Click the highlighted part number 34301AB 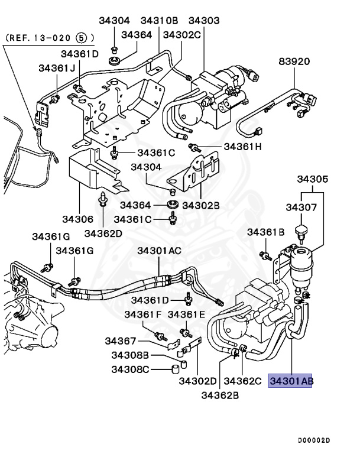(291, 381)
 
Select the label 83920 (294, 61)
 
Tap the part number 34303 (204, 21)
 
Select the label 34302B (201, 205)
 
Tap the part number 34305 (313, 179)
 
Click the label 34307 (302, 207)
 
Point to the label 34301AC (160, 251)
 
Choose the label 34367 (121, 341)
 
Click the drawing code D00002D (313, 440)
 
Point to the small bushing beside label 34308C (174, 370)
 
